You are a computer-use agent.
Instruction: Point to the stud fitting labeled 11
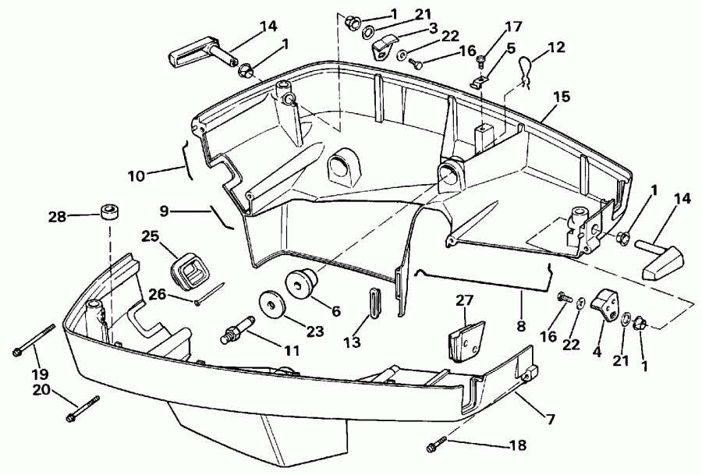(238, 328)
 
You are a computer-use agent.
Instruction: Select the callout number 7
(550, 420)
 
